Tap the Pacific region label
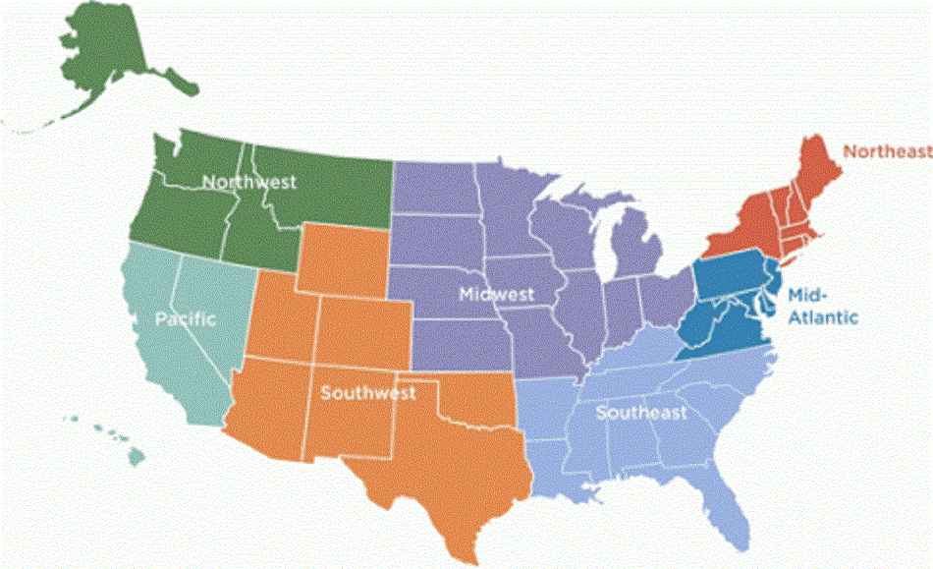[x=185, y=318]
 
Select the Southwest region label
[x=368, y=392]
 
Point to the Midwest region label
[x=496, y=294]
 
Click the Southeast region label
[x=641, y=413]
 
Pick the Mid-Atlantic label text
[x=822, y=306]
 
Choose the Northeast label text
[x=887, y=151]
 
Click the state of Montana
[x=324, y=187]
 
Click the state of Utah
[x=285, y=314]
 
